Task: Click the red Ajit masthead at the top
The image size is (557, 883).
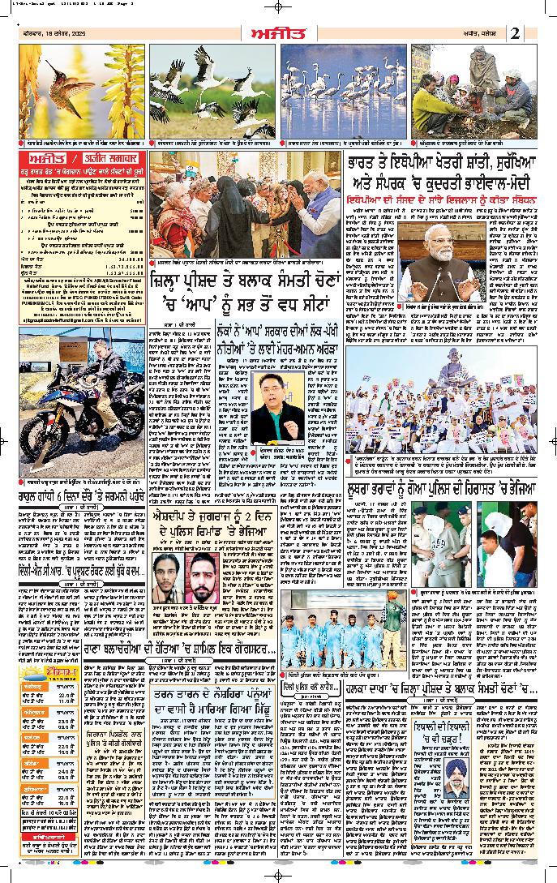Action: (277, 33)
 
